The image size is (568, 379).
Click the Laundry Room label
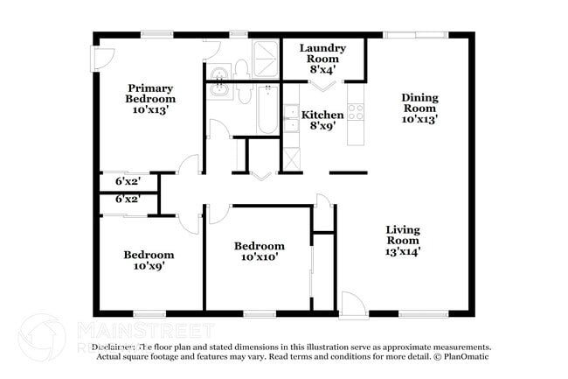[x=322, y=58]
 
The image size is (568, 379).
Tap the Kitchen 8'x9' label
[x=322, y=120]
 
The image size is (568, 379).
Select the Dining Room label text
[x=419, y=108]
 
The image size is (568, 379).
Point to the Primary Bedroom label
[x=149, y=99]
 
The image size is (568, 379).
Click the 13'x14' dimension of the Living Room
[x=403, y=251]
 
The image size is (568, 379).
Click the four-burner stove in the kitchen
[x=356, y=111]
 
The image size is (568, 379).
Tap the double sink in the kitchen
[x=291, y=118]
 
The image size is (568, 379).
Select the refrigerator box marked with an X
[x=291, y=158]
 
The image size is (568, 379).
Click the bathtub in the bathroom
[x=267, y=110]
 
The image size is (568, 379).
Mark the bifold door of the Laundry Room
[x=322, y=86]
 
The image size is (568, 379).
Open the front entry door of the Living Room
[x=353, y=305]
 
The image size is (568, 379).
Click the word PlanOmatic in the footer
[x=464, y=356]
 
